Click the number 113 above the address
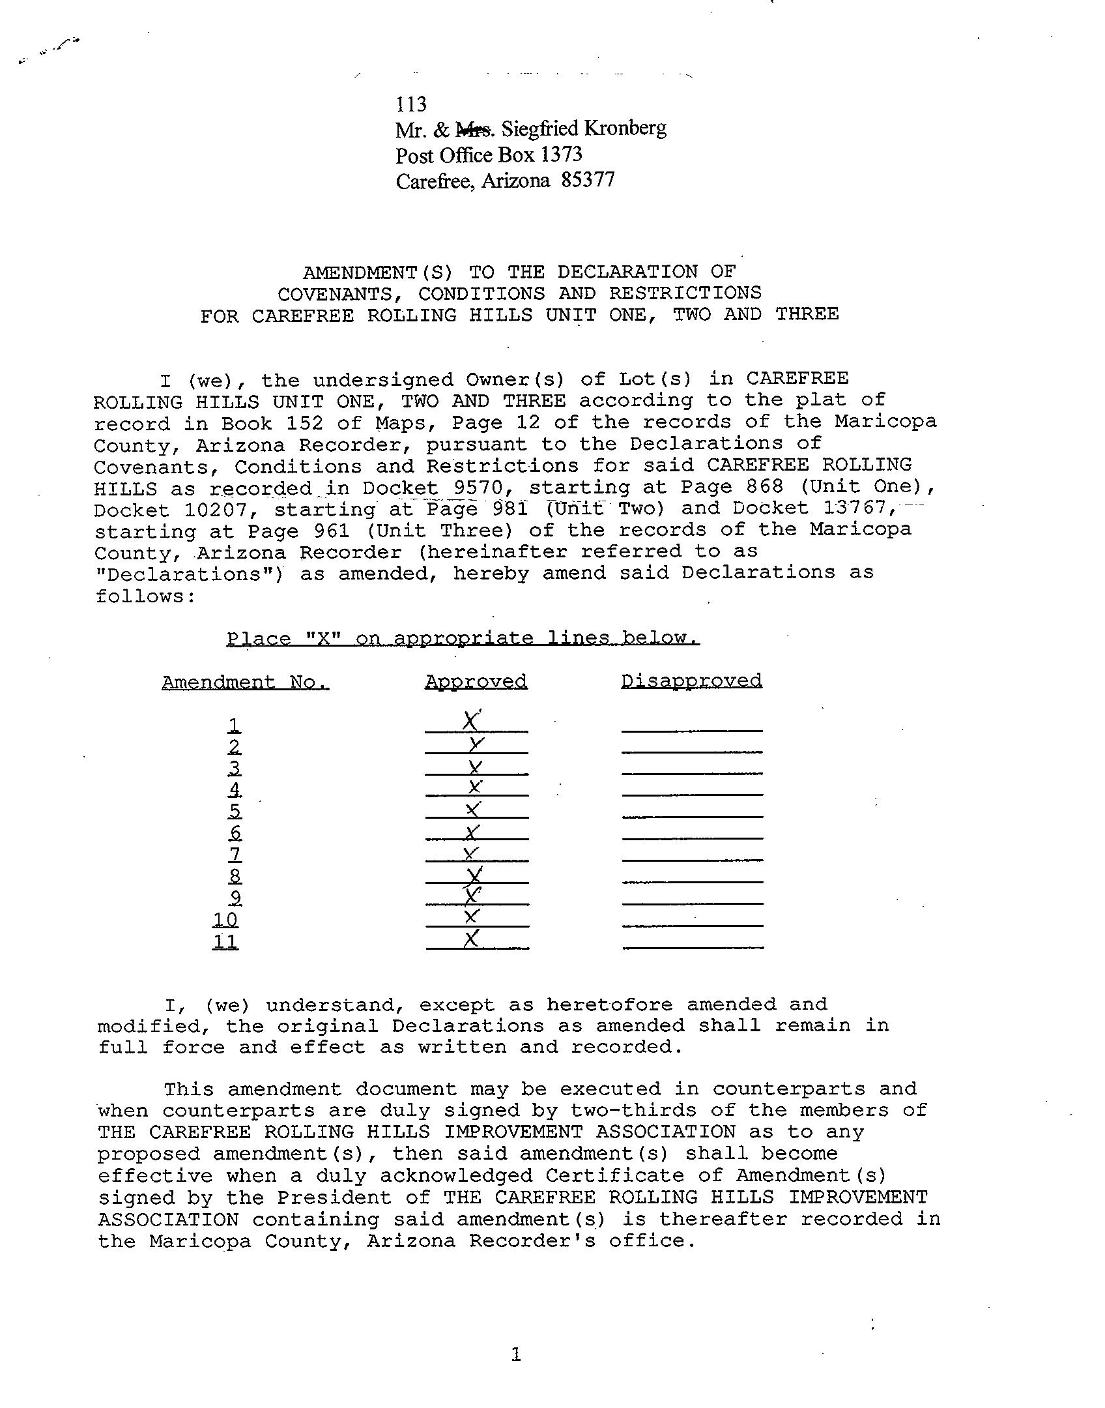pyautogui.click(x=410, y=104)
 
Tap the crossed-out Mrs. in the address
pyautogui.click(x=474, y=130)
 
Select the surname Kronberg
pyautogui.click(x=625, y=128)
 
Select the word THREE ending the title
pyautogui.click(x=807, y=315)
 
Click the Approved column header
pyautogui.click(x=476, y=682)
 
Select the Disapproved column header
pyautogui.click(x=691, y=681)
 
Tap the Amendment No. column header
pyautogui.click(x=245, y=682)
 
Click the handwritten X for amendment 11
pyautogui.click(x=472, y=939)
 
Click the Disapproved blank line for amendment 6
pyautogui.click(x=692, y=838)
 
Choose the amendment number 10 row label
pyautogui.click(x=225, y=920)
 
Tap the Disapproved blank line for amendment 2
pyautogui.click(x=692, y=752)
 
